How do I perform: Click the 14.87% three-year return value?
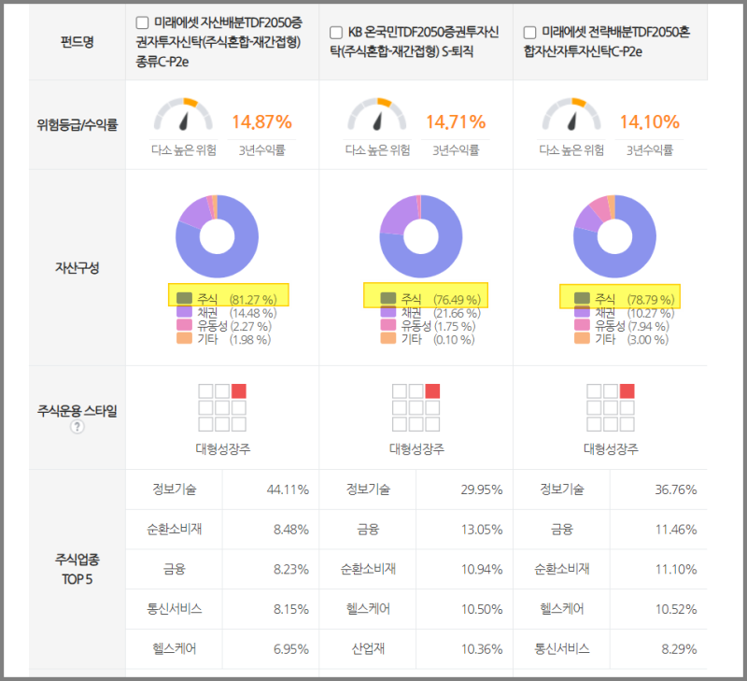click(x=261, y=121)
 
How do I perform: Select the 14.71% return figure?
click(x=456, y=121)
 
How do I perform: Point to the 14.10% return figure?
click(x=650, y=121)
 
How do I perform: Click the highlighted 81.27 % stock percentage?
click(x=253, y=299)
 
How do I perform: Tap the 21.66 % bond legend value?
click(x=458, y=312)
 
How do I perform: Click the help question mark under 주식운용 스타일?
click(x=77, y=427)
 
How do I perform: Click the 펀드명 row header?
click(x=77, y=43)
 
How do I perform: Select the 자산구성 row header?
click(x=77, y=268)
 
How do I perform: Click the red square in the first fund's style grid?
click(x=239, y=390)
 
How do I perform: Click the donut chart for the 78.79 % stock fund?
click(x=612, y=237)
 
